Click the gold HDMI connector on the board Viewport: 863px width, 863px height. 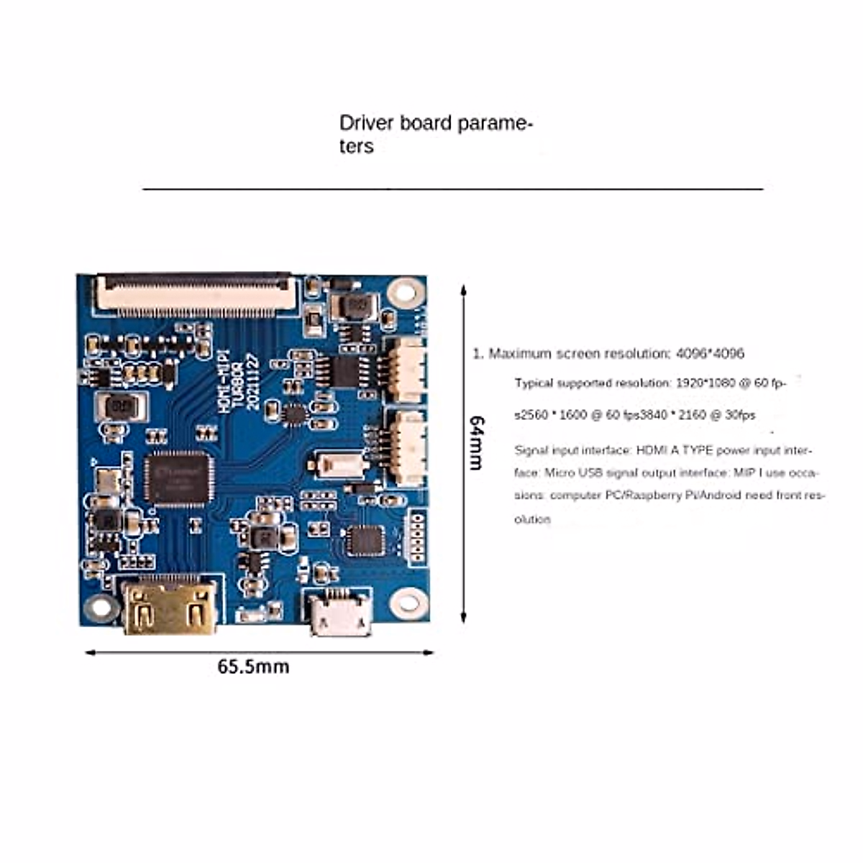coord(170,608)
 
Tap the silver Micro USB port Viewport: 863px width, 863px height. coord(341,613)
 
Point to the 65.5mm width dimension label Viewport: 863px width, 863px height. coord(253,667)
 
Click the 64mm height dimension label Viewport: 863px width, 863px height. coord(475,442)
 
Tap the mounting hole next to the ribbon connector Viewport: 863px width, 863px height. coord(405,291)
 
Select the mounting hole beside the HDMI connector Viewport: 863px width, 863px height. coord(99,608)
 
